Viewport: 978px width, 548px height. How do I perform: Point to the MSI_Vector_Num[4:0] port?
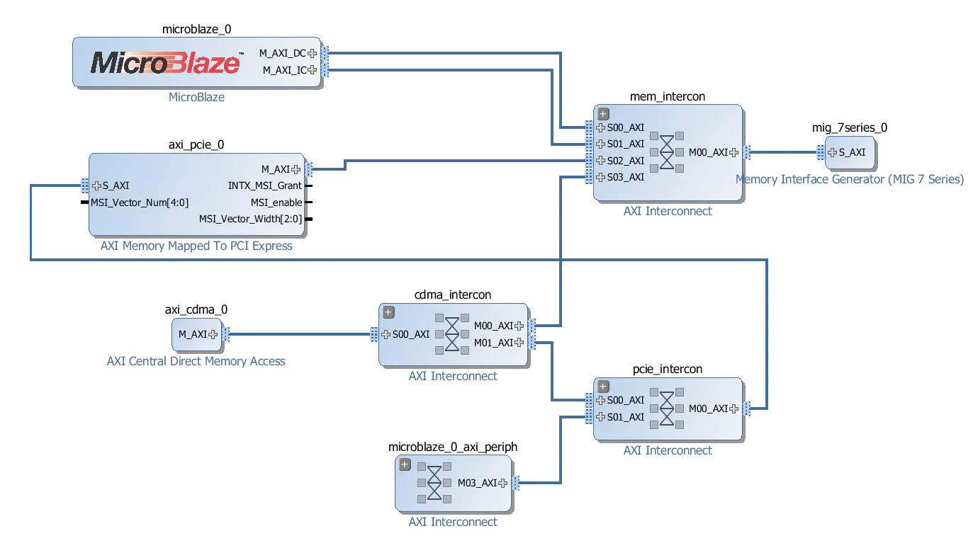[139, 202]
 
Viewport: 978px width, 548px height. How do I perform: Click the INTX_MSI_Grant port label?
[264, 185]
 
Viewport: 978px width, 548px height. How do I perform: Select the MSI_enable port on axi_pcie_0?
[276, 202]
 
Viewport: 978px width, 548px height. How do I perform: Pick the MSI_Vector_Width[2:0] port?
[250, 219]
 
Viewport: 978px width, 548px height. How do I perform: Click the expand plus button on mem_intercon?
[603, 113]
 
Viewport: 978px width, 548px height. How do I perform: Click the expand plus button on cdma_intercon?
[388, 312]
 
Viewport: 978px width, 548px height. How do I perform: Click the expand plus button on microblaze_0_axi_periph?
[405, 464]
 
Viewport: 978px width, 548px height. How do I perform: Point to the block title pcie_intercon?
[667, 369]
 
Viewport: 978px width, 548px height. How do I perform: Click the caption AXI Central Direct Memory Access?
[196, 361]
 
